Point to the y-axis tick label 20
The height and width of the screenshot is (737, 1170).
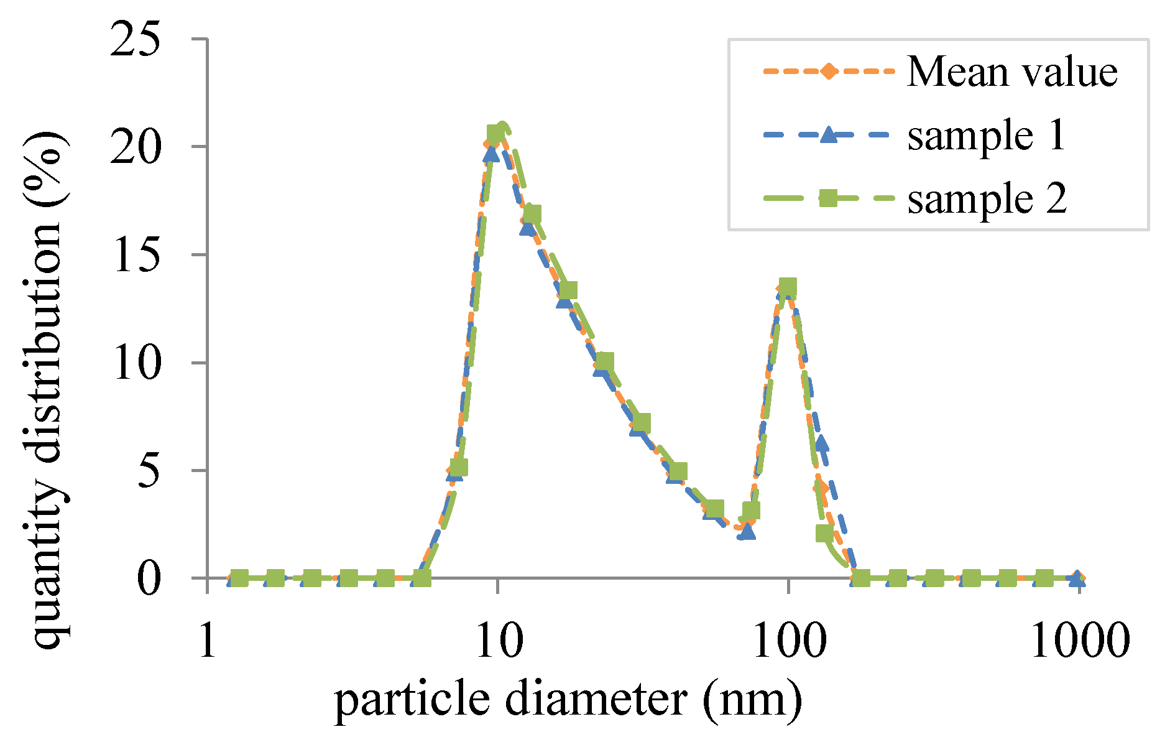click(135, 147)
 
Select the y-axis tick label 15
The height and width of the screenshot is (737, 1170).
click(135, 255)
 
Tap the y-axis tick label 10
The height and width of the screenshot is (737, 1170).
click(135, 363)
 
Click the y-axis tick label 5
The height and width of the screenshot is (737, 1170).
click(149, 471)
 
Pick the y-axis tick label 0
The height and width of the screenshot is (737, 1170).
click(149, 579)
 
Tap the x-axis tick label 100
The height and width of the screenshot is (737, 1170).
click(789, 641)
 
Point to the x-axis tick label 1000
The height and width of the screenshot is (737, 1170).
click(1080, 641)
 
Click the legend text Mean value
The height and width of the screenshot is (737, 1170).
click(1012, 72)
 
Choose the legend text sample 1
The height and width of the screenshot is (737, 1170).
click(987, 136)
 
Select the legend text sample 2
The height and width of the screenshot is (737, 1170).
click(987, 199)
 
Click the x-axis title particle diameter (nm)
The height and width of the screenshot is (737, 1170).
click(568, 700)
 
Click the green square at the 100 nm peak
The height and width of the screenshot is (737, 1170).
click(788, 287)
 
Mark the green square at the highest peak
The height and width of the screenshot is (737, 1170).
click(495, 133)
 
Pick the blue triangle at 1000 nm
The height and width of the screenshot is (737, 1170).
click(1077, 579)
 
